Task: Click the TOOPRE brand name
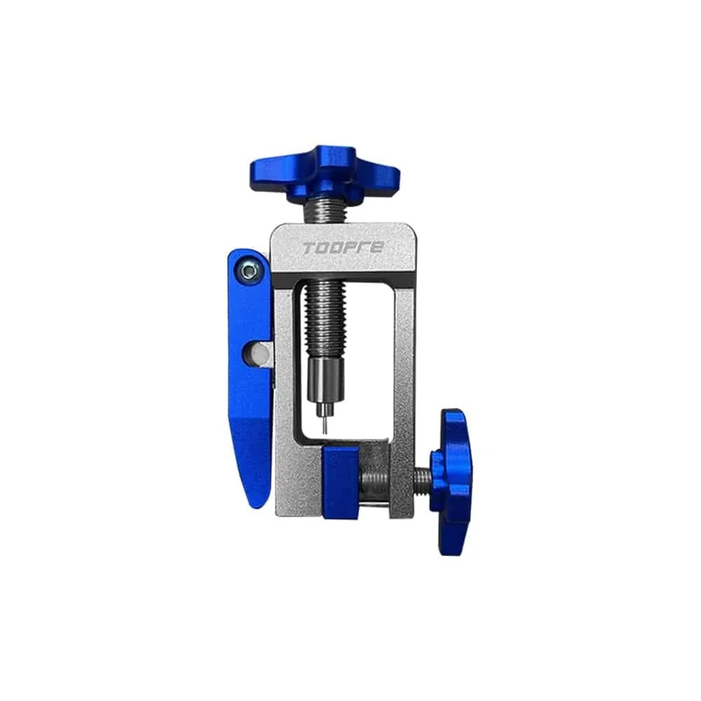coord(343,248)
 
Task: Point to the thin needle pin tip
coord(325,426)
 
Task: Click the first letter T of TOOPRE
coord(308,248)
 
